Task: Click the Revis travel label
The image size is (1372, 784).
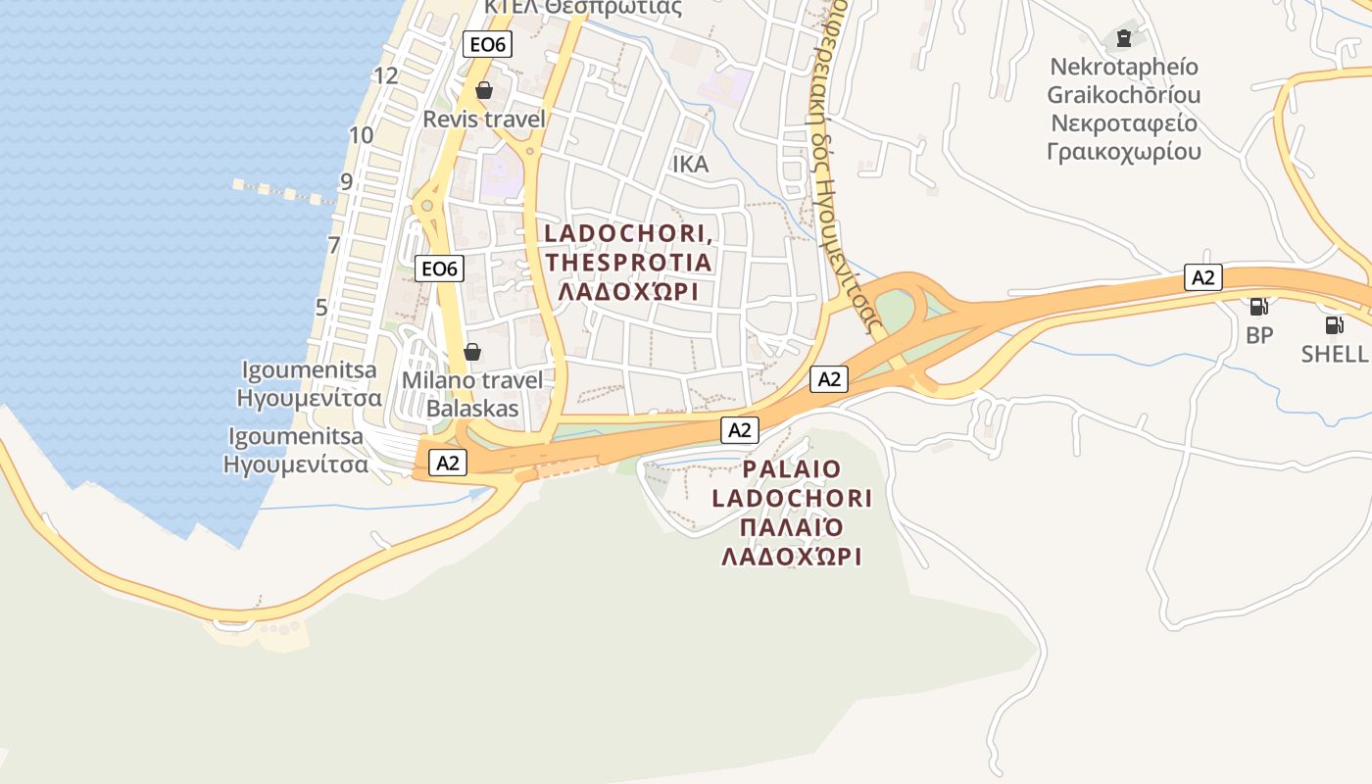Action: pos(483,119)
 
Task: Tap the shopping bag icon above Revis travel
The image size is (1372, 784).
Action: pos(483,91)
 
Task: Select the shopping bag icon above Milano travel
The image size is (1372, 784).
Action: pos(472,351)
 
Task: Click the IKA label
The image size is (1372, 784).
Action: pos(690,165)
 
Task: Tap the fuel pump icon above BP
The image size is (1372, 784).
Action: pos(1258,307)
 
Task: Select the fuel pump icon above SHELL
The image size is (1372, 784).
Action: pos(1334,324)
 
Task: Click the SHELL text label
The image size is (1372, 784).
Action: pos(1334,354)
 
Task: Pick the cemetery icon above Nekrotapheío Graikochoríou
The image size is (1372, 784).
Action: pos(1123,39)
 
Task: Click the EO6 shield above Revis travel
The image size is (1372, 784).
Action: pos(487,44)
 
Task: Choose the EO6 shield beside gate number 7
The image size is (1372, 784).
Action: pos(439,269)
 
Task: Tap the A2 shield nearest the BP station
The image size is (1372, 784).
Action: pos(1202,277)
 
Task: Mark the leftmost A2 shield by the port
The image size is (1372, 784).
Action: pos(448,464)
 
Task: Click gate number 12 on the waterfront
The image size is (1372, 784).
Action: pos(386,75)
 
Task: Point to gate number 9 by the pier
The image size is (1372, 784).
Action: pos(346,181)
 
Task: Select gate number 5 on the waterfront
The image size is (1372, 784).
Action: pos(321,307)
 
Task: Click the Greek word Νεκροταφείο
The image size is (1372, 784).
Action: pos(1124,123)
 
